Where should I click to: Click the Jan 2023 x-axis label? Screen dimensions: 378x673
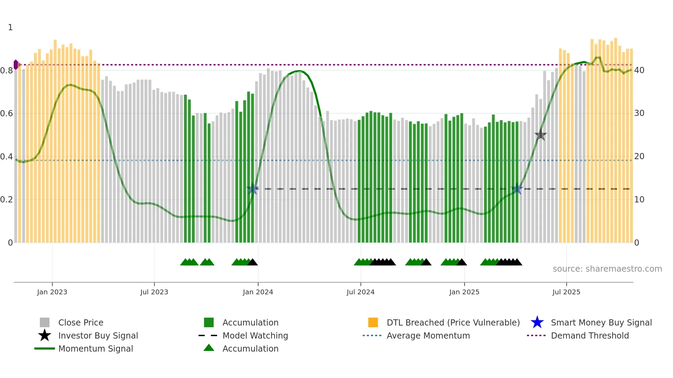pyautogui.click(x=52, y=292)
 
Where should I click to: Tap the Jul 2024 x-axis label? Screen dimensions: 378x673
pyautogui.click(x=361, y=292)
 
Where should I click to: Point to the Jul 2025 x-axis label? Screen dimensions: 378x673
pyautogui.click(x=566, y=292)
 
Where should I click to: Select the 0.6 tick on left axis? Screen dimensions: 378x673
pyautogui.click(x=7, y=114)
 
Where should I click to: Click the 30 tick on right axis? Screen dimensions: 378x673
pyautogui.click(x=639, y=113)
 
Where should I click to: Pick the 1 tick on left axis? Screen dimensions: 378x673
pyautogui.click(x=10, y=27)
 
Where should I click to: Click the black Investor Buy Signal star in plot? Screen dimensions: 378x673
pyautogui.click(x=540, y=135)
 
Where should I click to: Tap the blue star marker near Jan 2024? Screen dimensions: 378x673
pyautogui.click(x=253, y=189)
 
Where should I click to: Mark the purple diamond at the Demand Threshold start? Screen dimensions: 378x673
pyautogui.click(x=16, y=64)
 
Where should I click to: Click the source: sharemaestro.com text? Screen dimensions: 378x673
pyautogui.click(x=607, y=269)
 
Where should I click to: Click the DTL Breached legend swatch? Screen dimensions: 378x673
pyautogui.click(x=373, y=322)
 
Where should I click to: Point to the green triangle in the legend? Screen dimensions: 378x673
pyautogui.click(x=209, y=348)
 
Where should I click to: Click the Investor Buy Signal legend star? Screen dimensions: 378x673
pyautogui.click(x=45, y=335)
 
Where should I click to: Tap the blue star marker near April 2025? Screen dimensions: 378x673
pyautogui.click(x=517, y=189)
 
